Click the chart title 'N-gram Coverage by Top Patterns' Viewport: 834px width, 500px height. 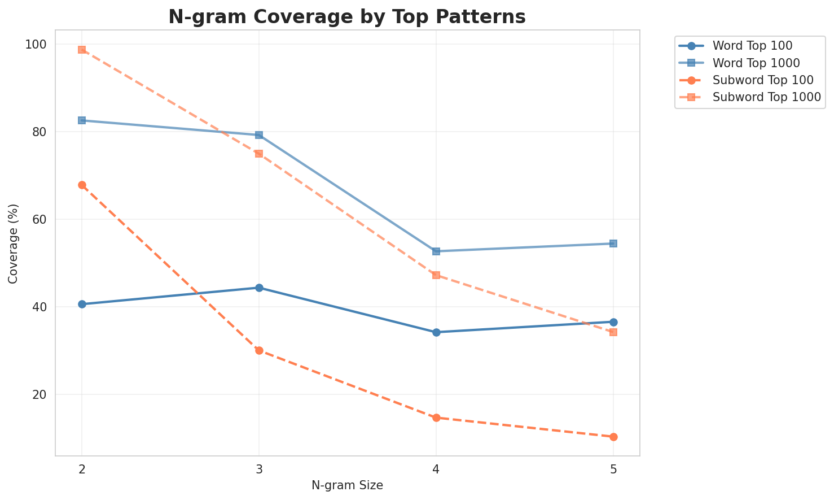tap(347, 17)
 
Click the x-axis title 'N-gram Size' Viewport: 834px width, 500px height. tap(347, 485)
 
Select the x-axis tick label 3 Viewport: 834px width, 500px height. tap(259, 469)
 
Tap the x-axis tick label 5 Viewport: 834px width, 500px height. tap(613, 469)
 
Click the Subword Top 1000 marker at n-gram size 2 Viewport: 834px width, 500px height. tap(82, 50)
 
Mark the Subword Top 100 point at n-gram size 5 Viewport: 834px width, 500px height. tap(613, 437)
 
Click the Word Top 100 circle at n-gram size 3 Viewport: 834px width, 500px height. tap(259, 288)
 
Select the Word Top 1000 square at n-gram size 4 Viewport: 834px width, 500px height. tap(436, 251)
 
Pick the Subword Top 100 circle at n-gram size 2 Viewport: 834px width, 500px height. tap(82, 185)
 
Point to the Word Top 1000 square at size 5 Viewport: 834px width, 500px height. tap(613, 244)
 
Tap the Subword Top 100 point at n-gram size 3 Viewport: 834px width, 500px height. tap(259, 350)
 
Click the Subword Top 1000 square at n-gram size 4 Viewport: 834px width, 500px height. tap(436, 275)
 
